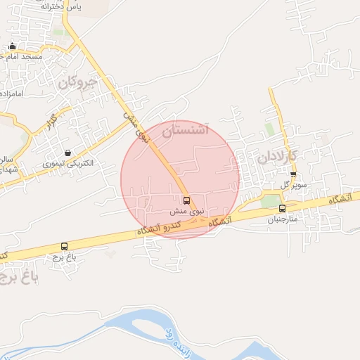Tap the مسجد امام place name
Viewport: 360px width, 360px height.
pyautogui.click(x=22, y=56)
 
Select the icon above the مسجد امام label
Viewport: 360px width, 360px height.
pyautogui.click(x=12, y=46)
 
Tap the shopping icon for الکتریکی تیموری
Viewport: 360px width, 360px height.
pyautogui.click(x=67, y=153)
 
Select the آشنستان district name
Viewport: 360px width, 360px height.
pyautogui.click(x=186, y=130)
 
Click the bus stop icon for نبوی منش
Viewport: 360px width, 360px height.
pyautogui.click(x=186, y=200)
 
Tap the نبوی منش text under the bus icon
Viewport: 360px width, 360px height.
pyautogui.click(x=187, y=210)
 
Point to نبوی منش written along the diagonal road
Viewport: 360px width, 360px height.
pyautogui.click(x=137, y=124)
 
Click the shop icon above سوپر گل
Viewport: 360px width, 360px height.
pyautogui.click(x=293, y=174)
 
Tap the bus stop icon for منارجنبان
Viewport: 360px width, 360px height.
pyautogui.click(x=282, y=208)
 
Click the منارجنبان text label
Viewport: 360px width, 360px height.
pyautogui.click(x=282, y=219)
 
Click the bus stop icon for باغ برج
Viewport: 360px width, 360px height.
pyautogui.click(x=65, y=247)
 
